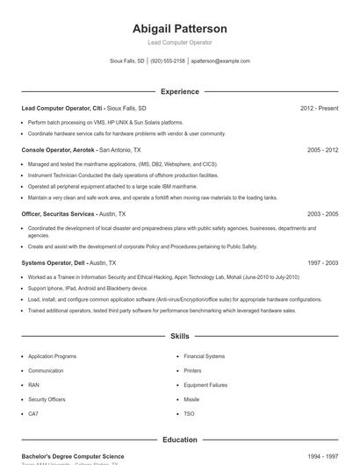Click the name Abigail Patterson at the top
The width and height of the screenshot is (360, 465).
pos(179,29)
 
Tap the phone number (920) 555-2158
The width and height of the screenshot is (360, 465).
pos(168,61)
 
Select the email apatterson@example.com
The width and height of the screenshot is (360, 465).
pos(220,61)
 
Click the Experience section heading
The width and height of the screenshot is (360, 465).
pos(179,91)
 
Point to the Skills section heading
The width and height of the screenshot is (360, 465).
pos(179,336)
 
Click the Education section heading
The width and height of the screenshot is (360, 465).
pos(179,440)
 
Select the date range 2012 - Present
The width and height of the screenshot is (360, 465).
pos(319,109)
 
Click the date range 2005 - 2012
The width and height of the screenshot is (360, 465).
pos(322,150)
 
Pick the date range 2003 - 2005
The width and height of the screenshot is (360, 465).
pos(322,213)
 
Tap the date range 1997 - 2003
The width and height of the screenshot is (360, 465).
pos(322,262)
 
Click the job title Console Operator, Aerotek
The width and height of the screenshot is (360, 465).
pos(58,150)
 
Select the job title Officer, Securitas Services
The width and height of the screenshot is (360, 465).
pos(58,213)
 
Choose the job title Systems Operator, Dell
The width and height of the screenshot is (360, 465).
pos(54,262)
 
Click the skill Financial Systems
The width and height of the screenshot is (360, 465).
pos(204,356)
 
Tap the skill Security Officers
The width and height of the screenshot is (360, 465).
pos(47,398)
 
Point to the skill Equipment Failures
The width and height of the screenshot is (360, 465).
pos(205,384)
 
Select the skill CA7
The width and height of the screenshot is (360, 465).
pos(33,413)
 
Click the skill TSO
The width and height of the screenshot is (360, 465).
pos(189,413)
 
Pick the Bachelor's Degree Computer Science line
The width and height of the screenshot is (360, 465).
pos(73,456)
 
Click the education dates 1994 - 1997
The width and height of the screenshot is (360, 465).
pos(322,456)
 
